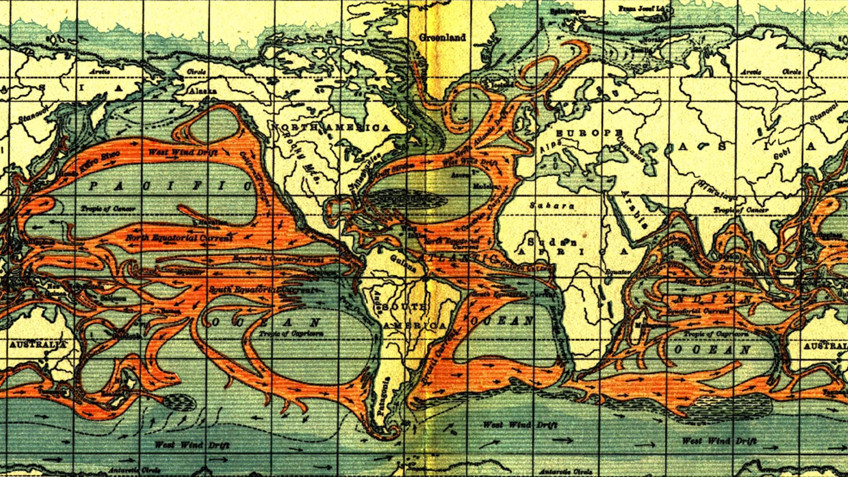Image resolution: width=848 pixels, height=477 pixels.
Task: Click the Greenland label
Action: pos(442,38)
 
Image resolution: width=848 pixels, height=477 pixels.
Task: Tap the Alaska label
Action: pos(203,91)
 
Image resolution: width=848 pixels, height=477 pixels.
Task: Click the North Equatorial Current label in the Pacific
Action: pos(178,238)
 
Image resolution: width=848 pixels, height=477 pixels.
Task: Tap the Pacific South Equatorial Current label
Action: pos(262,290)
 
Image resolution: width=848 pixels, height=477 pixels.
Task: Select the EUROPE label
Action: pos(589,133)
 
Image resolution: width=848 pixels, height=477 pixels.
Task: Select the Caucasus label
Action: pos(632,148)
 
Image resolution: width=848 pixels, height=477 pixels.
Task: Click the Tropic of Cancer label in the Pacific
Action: pos(108,208)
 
